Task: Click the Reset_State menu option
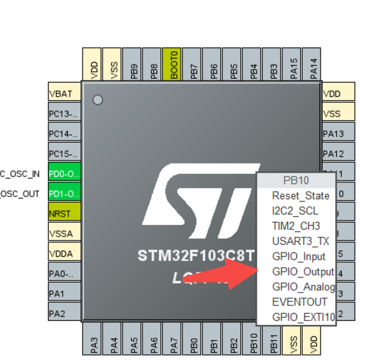click(x=300, y=196)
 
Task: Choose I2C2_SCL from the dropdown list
click(x=294, y=211)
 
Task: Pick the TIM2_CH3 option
click(x=296, y=226)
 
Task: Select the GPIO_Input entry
click(x=298, y=256)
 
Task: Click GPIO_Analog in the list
click(x=303, y=286)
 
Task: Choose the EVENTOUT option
click(x=300, y=302)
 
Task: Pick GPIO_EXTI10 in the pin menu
click(x=303, y=317)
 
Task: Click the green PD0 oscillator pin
click(x=64, y=173)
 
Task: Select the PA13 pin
click(x=338, y=134)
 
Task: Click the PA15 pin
click(x=293, y=64)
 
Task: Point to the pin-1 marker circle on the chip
click(x=98, y=100)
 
